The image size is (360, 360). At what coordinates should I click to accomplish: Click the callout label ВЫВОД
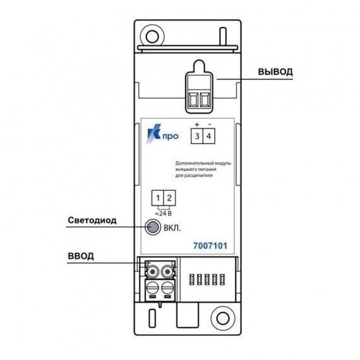coord(275,71)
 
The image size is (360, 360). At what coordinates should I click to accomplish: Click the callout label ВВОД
coord(81,256)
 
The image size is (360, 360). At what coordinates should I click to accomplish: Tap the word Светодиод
coord(92,220)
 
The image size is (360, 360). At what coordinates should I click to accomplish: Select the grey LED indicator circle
coord(152,227)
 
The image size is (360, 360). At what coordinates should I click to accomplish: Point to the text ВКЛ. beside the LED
coord(172,228)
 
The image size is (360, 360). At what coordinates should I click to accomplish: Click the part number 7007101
coord(210,246)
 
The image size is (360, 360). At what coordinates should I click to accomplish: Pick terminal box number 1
coord(157,198)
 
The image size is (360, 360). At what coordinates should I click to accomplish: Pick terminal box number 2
coord(169,198)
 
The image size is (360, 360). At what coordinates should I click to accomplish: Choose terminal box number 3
coord(197,136)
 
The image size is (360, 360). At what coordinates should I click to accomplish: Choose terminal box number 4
coord(209,136)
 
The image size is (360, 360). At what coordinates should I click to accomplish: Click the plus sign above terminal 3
coord(197,124)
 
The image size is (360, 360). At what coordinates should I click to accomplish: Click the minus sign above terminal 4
coord(210,124)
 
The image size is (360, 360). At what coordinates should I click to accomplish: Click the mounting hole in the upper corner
coord(152,37)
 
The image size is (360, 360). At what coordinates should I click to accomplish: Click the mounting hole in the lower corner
coord(223,318)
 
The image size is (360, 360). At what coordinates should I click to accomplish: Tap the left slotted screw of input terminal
coord(152,287)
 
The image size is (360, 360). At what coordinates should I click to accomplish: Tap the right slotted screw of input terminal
coord(167,287)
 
